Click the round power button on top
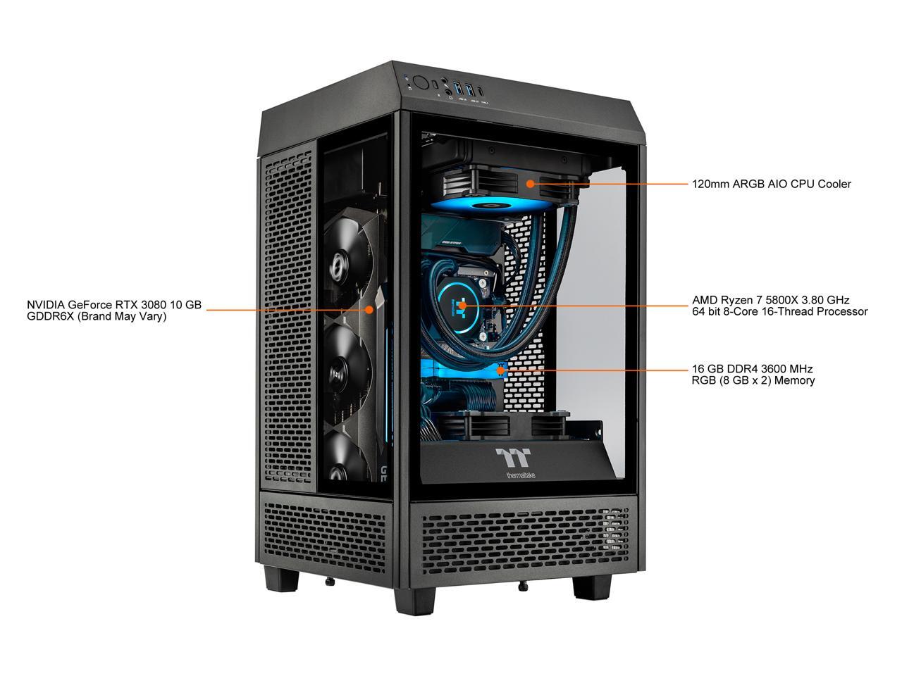pos(421,82)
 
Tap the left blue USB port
pos(458,88)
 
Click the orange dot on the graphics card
pos(369,309)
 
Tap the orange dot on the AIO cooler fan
pos(531,184)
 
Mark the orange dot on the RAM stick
pos(500,368)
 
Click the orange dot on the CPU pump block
pos(462,306)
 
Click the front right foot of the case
pos(591,584)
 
